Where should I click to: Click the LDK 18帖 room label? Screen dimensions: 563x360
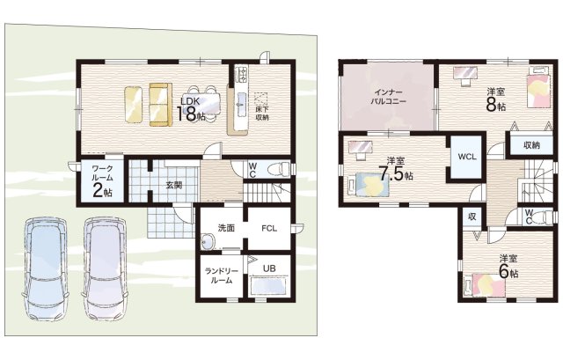[x=191, y=109]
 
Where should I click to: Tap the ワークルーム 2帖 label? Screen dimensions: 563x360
[x=102, y=181]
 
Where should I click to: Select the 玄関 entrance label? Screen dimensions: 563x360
[x=174, y=186]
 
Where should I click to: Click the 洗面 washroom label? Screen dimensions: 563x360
[x=226, y=228]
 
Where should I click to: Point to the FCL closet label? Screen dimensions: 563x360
[x=269, y=228]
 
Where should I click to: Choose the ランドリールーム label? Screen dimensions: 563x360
[x=221, y=276]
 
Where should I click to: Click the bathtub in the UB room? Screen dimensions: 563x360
[x=269, y=286]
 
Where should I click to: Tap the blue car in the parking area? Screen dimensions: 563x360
[x=46, y=268]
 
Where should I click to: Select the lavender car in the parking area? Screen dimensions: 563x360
[x=105, y=268]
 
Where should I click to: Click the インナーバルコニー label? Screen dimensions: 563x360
[x=388, y=97]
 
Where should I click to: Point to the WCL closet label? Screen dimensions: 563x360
[x=467, y=157]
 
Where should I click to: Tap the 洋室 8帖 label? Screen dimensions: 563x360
[x=496, y=99]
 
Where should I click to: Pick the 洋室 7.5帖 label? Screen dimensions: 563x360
[x=396, y=169]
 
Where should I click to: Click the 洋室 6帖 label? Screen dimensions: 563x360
[x=508, y=266]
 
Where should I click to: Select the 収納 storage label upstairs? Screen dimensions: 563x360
[x=531, y=145]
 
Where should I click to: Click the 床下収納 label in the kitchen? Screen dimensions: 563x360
[x=262, y=113]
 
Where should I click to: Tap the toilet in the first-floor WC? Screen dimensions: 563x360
[x=279, y=168]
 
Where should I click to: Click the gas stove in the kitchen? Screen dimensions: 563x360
[x=241, y=74]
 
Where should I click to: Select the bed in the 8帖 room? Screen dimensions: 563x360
[x=538, y=87]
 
